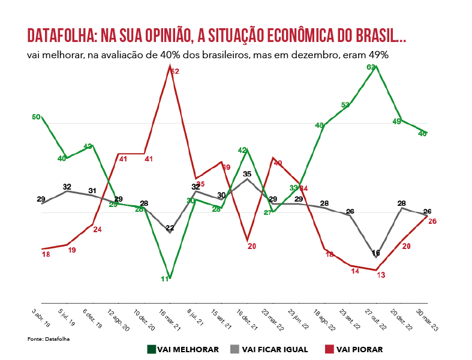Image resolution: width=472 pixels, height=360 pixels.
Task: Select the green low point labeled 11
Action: click(x=164, y=279)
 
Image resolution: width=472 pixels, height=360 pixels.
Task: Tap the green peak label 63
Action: click(x=371, y=67)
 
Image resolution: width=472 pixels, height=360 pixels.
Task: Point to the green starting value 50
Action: click(x=36, y=117)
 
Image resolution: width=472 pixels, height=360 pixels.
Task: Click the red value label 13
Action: click(x=381, y=274)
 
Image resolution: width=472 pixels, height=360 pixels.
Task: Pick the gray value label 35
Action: click(x=247, y=173)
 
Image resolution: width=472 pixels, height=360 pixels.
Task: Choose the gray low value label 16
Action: click(x=376, y=253)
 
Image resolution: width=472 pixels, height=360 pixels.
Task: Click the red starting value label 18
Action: click(x=46, y=254)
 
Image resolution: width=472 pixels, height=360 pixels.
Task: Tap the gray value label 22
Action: click(x=170, y=227)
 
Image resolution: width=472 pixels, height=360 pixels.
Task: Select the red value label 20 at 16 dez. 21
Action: click(x=251, y=246)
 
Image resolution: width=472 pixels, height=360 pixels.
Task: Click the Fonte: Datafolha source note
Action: click(x=44, y=340)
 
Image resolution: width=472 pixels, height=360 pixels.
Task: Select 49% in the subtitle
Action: click(x=377, y=55)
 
